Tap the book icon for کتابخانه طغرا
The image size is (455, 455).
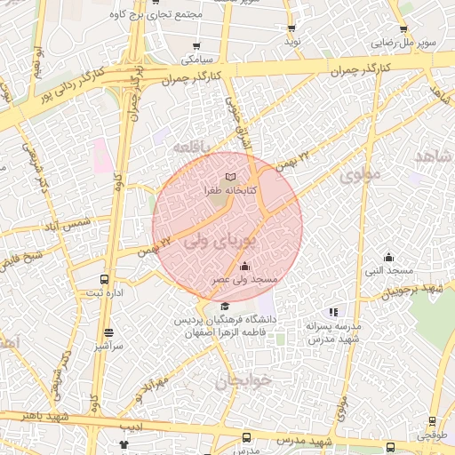pos(231,178)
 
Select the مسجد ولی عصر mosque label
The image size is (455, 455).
pos(244,279)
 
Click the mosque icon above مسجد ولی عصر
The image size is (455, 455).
pos(244,266)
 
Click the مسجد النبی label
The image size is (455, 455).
pos(388,269)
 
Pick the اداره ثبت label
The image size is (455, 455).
pos(105,292)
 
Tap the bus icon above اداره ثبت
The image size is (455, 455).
pos(105,279)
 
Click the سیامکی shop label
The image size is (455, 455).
pos(196,60)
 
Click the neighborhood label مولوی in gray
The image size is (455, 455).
pos(359,175)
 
